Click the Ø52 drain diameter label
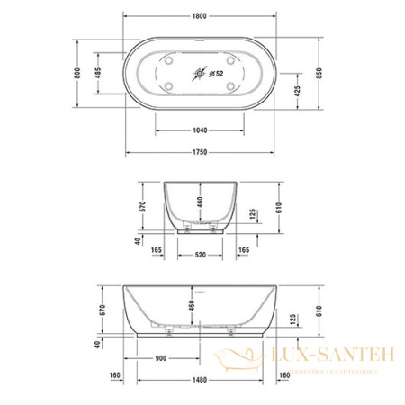pyautogui.click(x=216, y=73)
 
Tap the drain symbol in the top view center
pyautogui.click(x=199, y=73)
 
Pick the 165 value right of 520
pyautogui.click(x=243, y=248)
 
